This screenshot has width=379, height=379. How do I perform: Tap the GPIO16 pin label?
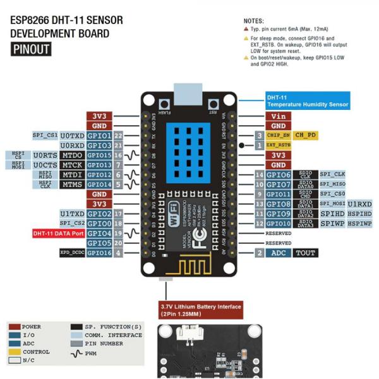99,253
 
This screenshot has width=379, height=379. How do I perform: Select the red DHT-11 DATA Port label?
58,233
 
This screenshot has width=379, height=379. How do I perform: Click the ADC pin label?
278,253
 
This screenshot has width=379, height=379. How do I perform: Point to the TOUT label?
306,253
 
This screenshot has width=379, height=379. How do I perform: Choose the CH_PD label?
306,135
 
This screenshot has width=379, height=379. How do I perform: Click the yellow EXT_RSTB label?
278,145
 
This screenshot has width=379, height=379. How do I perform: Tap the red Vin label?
278,116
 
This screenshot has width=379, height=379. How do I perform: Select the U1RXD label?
359,204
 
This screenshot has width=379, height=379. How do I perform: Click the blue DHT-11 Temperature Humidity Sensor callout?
307,101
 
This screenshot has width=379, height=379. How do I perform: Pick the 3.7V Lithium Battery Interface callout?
201,310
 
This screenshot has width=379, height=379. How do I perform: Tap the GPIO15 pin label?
99,155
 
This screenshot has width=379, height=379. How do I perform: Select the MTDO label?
73,155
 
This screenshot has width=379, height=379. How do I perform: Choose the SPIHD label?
332,214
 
